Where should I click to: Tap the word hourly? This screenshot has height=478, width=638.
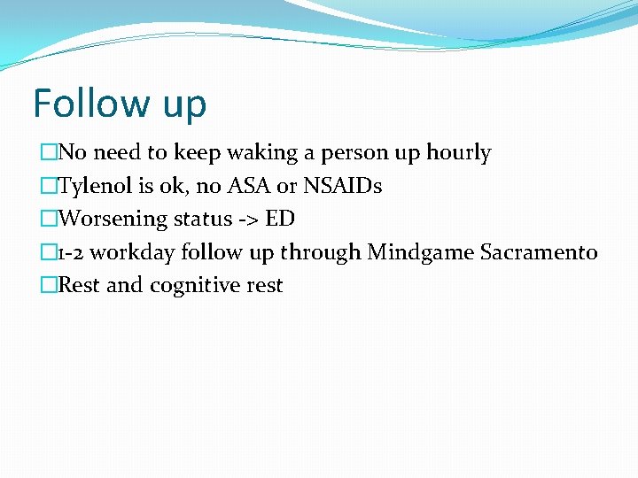(458, 153)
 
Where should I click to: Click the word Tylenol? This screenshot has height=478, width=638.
(93, 187)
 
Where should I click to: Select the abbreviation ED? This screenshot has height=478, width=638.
(280, 220)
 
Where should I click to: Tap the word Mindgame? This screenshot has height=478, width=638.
(420, 253)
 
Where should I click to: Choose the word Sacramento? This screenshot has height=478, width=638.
(539, 253)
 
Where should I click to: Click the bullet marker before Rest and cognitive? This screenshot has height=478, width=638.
(48, 286)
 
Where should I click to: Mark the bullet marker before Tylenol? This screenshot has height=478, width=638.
(48, 187)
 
